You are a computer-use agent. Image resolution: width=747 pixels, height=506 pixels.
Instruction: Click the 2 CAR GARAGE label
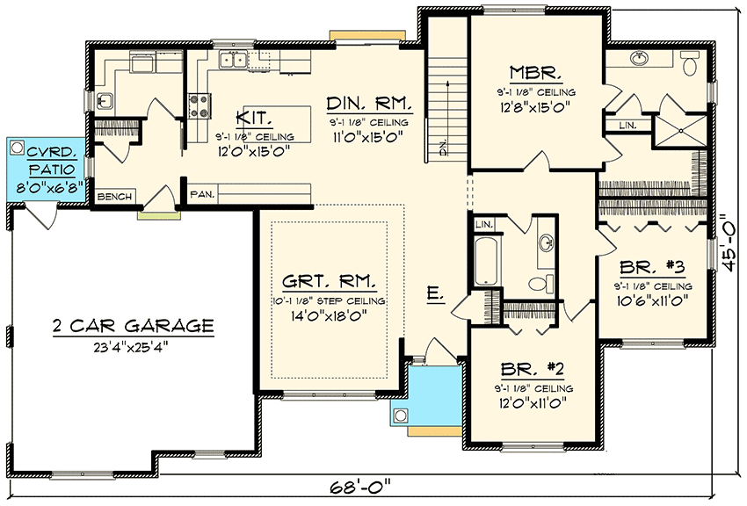[131, 326]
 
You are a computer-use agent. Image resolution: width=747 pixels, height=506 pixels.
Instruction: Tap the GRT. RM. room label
[330, 282]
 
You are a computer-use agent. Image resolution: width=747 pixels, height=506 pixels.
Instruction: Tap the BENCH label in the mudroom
[113, 197]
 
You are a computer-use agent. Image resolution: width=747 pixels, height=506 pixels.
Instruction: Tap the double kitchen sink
[233, 61]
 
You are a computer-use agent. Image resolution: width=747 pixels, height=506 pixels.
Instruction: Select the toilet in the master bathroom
[689, 63]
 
